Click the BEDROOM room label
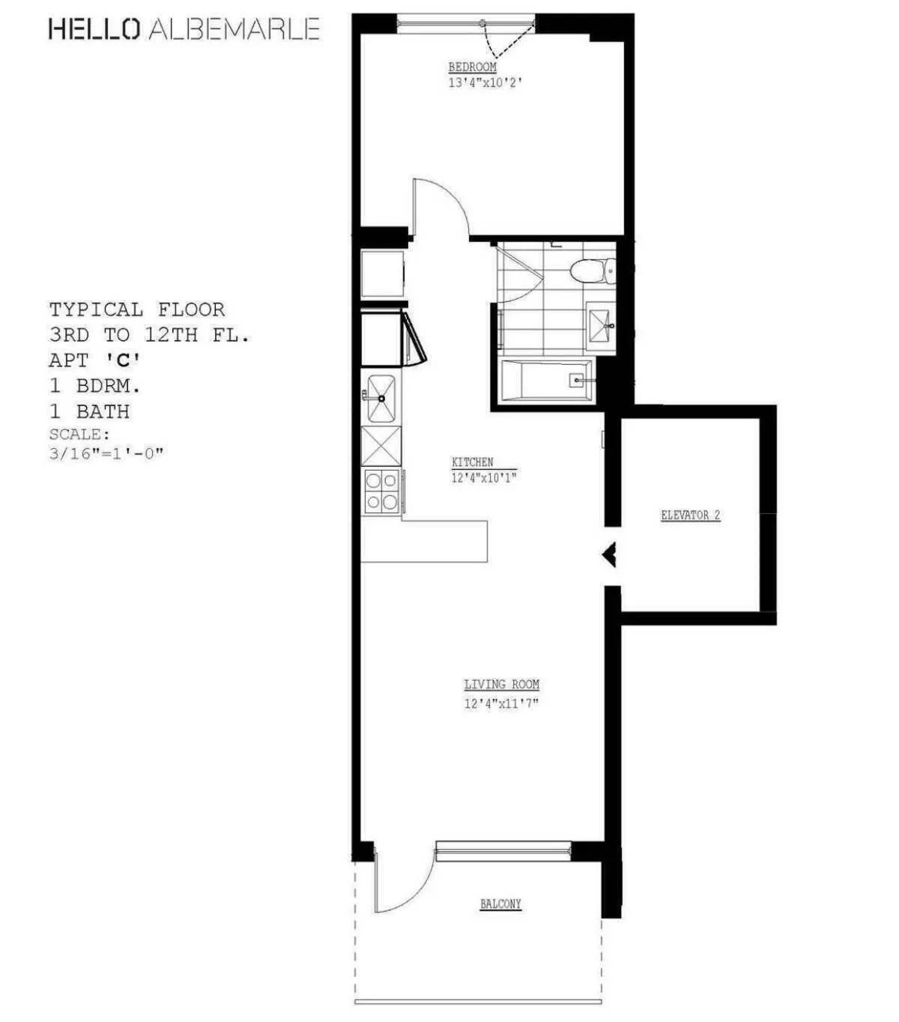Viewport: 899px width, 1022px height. pos(472,67)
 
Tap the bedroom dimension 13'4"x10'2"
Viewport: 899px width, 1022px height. pos(485,82)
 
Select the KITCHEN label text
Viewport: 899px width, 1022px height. pos(472,462)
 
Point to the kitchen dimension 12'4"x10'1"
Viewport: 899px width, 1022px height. pos(484,477)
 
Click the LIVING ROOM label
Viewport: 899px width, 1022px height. pos(501,684)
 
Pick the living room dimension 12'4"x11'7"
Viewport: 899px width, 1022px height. pos(501,703)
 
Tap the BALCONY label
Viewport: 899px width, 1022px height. pos(500,904)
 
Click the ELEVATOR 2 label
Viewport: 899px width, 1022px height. pos(690,515)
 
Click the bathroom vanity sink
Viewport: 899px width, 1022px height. pos(600,325)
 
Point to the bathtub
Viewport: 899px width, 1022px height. pos(546,381)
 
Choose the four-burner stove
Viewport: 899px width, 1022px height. pos(381,491)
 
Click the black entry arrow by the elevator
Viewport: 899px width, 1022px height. pos(610,554)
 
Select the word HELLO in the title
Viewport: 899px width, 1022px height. pos(94,29)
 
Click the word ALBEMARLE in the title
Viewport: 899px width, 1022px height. pos(234,29)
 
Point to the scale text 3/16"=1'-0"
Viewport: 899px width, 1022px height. pos(106,453)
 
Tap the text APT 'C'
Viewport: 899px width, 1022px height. pos(94,360)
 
